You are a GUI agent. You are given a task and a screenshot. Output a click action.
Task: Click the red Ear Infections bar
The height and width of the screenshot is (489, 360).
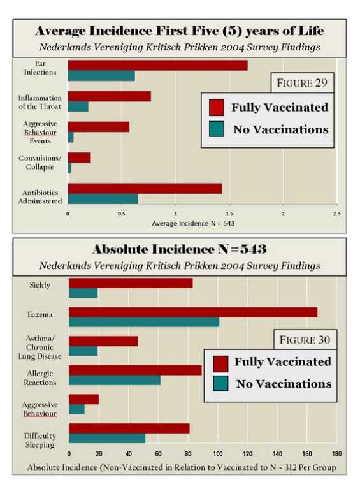tap(157, 66)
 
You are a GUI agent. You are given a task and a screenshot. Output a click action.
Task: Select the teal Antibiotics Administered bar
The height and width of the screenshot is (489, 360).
tap(103, 199)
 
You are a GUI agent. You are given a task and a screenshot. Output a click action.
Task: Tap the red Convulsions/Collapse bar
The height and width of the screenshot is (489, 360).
tap(79, 158)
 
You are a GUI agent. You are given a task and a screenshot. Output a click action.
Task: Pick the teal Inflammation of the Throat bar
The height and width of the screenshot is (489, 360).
tap(78, 106)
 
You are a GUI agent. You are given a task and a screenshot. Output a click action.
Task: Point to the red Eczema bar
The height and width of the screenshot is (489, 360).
tap(193, 312)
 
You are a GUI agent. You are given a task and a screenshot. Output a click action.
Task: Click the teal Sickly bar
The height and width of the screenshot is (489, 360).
tap(83, 293)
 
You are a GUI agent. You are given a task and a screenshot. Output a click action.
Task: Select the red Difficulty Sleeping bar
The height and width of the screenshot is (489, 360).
tap(129, 428)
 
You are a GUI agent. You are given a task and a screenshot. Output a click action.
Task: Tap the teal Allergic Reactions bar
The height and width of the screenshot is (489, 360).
tap(115, 380)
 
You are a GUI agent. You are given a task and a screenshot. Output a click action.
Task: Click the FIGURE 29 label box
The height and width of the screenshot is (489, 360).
tap(302, 83)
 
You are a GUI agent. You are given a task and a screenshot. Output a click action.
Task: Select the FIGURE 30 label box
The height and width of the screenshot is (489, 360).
tap(305, 340)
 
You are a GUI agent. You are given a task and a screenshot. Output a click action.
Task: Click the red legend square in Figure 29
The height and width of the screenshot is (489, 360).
tap(216, 108)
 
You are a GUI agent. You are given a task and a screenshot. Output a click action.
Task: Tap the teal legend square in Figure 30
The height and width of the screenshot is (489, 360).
tap(220, 383)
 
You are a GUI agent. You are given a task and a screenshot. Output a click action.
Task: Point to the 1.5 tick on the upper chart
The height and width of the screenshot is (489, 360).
tap(229, 214)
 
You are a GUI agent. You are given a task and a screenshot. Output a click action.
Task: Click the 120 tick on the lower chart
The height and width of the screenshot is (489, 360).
tap(247, 454)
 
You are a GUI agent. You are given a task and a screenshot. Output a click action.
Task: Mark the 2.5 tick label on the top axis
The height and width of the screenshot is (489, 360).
tap(337, 214)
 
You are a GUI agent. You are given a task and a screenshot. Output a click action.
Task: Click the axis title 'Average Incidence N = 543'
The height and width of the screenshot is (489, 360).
tap(193, 223)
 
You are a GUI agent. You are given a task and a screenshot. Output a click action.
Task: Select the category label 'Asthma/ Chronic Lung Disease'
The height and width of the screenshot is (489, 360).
tap(40, 347)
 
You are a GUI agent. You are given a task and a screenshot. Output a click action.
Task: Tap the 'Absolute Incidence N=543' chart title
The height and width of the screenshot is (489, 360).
tap(179, 249)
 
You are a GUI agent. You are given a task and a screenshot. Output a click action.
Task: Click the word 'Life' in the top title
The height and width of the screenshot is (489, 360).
tap(311, 31)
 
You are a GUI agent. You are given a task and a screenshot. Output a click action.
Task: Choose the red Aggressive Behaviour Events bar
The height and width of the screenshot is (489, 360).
tap(99, 127)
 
